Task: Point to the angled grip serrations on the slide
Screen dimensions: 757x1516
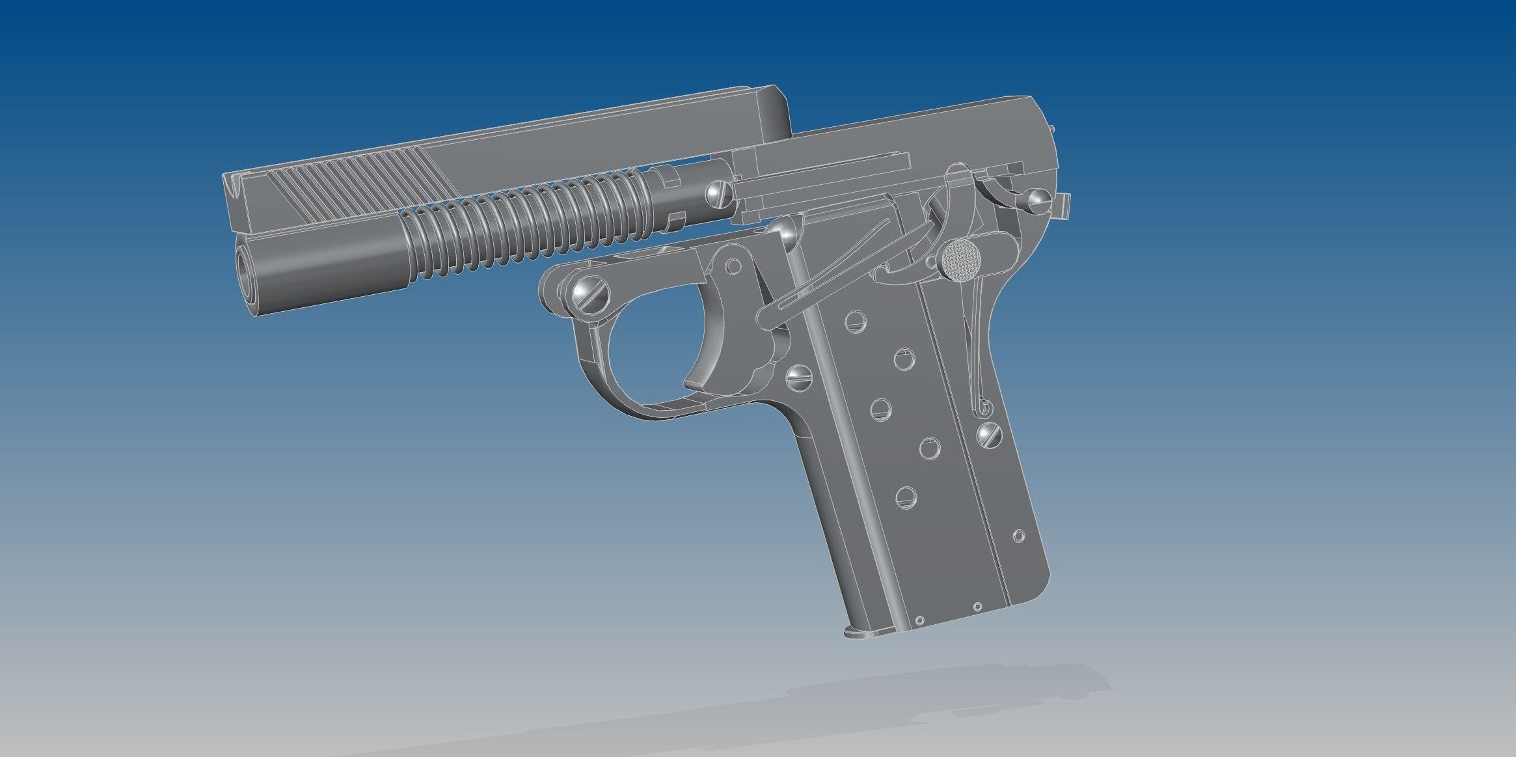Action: [364, 189]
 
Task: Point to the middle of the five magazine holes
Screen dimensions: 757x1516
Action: [880, 408]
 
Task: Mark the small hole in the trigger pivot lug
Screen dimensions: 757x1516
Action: [733, 266]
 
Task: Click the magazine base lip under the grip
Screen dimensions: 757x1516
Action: [865, 631]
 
